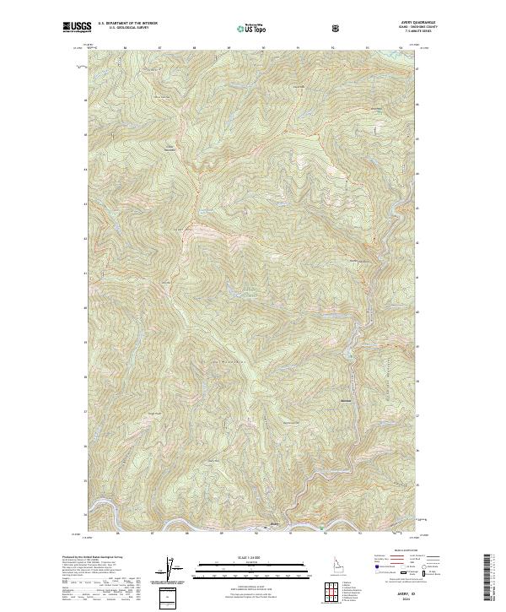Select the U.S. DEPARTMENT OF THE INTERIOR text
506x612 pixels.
pyautogui.click(x=129, y=24)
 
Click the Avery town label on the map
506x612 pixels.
pyautogui.click(x=272, y=524)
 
